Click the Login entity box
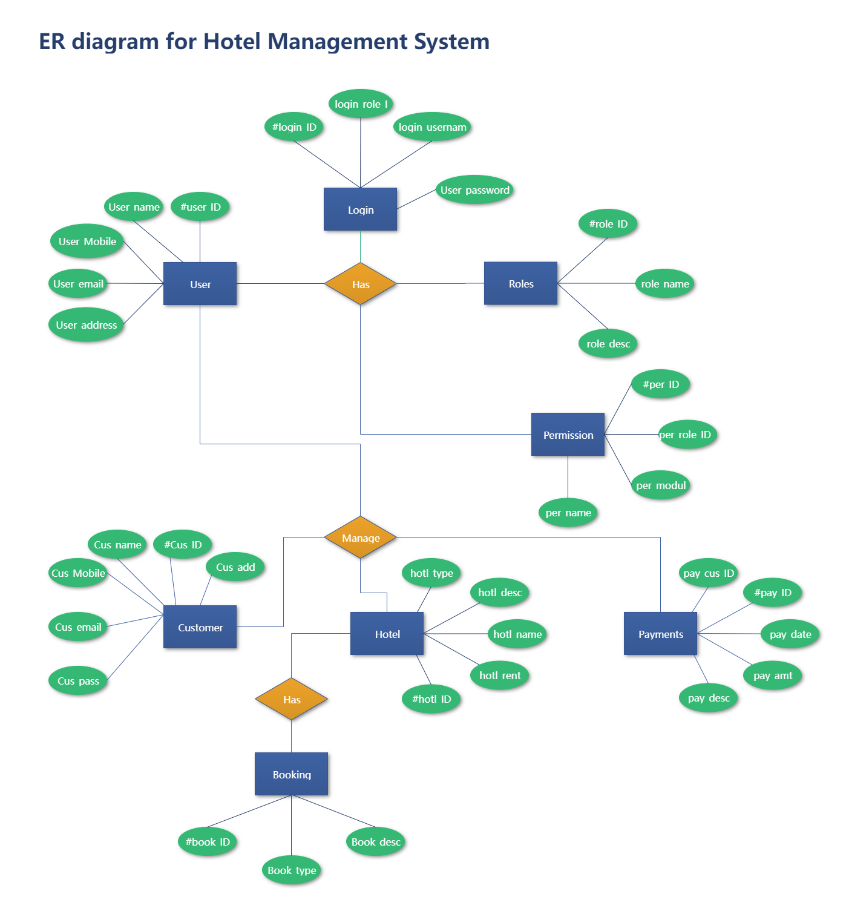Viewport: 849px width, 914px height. pos(360,209)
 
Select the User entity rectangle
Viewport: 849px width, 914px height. pos(200,284)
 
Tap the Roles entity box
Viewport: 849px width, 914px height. pos(520,283)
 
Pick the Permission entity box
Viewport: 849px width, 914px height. pos(568,435)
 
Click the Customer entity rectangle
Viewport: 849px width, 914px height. pos(200,627)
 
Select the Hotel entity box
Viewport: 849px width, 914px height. pos(387,634)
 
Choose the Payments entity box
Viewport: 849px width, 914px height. pos(660,634)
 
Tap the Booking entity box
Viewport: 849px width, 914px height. pos(291,774)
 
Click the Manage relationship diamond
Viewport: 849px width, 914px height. pos(360,538)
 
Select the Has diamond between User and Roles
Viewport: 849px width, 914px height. pos(360,284)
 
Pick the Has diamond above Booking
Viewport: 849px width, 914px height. pos(291,699)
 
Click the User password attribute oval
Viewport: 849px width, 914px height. pos(474,190)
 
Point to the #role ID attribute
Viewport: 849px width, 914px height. pos(608,224)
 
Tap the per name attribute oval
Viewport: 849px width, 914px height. pos(568,513)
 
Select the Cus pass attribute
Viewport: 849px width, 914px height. pos(78,681)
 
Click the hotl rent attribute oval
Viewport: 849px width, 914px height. pos(499,676)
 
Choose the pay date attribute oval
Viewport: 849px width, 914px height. pos(790,634)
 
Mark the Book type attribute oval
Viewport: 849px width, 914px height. pos(291,870)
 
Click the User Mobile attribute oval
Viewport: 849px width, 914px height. pos(87,242)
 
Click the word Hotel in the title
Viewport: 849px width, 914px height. pos(232,42)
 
